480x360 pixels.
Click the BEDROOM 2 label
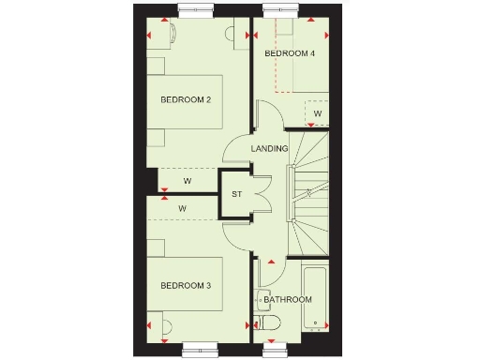[185, 99]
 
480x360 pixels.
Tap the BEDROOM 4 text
[290, 53]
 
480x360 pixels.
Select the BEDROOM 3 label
[185, 285]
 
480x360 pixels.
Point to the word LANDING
[269, 149]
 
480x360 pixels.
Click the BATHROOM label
[288, 300]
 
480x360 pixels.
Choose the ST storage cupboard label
[236, 195]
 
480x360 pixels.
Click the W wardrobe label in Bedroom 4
[318, 113]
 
